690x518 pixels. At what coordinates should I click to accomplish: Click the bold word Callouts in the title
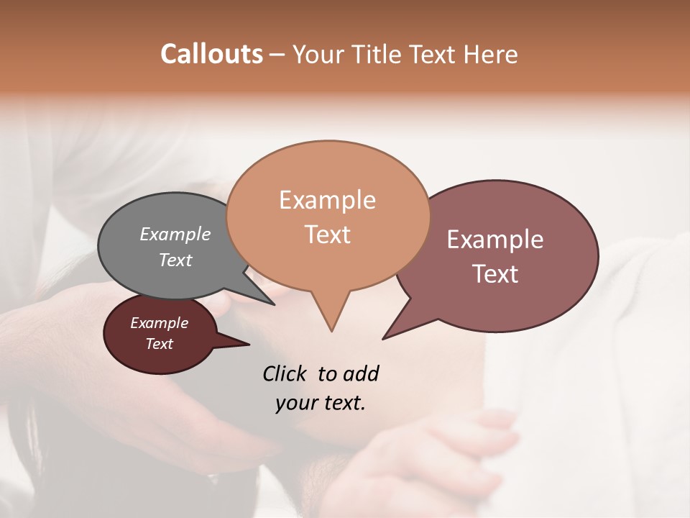click(x=211, y=54)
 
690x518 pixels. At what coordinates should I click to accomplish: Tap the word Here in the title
click(x=492, y=54)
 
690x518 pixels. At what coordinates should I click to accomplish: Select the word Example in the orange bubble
click(x=327, y=200)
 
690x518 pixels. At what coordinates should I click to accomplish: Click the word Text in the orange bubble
click(x=327, y=235)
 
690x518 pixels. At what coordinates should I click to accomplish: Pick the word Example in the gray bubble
click(x=175, y=235)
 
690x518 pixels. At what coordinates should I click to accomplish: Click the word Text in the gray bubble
click(x=175, y=260)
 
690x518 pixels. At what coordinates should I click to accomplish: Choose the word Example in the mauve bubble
click(x=495, y=240)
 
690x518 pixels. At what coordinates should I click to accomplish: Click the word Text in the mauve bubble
click(x=495, y=274)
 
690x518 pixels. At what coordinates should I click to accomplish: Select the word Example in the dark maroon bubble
click(x=160, y=323)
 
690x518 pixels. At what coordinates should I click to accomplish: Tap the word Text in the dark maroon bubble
click(x=160, y=344)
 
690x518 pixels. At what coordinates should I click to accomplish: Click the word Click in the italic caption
click(x=285, y=373)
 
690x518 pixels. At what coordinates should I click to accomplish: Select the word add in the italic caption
click(x=360, y=373)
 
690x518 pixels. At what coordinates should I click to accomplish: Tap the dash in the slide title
click(x=278, y=55)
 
